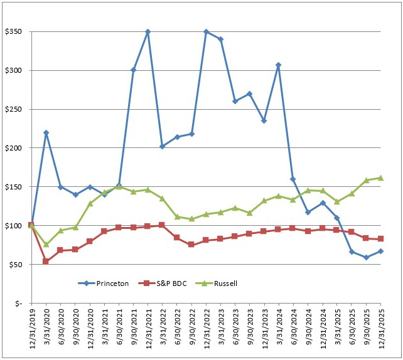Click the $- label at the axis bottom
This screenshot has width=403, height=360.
coord(19,304)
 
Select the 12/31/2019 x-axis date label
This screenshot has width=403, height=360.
coord(31,329)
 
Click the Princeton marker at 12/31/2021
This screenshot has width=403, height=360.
coord(148,31)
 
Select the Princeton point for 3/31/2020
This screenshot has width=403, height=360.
coord(46,132)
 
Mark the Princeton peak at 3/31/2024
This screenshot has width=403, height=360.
coord(279,65)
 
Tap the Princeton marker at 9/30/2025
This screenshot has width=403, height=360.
coord(367,257)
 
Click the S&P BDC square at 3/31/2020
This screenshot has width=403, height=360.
coord(46,261)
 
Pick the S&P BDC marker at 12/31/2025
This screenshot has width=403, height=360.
coord(381,239)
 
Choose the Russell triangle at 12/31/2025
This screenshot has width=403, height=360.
coord(381,177)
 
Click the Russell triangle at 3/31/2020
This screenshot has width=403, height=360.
coord(46,244)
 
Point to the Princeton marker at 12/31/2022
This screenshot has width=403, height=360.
coord(207,31)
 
